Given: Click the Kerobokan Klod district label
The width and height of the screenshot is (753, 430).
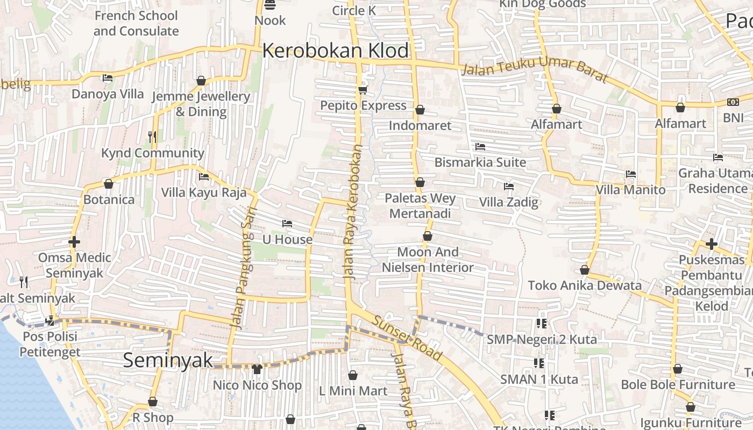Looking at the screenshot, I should coord(336,51).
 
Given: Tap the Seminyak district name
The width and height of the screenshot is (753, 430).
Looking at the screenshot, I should coord(168,360).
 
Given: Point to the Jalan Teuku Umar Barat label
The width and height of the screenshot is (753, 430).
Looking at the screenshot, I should coord(535,72).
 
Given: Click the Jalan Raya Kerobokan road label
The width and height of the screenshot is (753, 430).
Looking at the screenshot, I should coord(353,212).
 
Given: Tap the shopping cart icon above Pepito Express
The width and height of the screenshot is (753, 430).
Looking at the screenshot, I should coord(363,89).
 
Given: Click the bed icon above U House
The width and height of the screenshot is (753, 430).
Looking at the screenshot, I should coord(287,224).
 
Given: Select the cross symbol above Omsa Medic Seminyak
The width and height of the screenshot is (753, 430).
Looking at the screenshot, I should coord(74,242).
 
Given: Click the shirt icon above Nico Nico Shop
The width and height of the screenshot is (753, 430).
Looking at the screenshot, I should coord(257,369).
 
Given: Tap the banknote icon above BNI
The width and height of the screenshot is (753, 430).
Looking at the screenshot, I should coord(733,102).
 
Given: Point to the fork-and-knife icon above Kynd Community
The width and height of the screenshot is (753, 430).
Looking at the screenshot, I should coord(153,137).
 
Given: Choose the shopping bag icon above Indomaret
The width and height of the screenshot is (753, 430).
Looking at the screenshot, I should coord(420,110).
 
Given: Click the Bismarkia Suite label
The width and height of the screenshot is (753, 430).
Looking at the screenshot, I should coord(480,162).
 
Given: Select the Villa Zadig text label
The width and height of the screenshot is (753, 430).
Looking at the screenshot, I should coord(508,203).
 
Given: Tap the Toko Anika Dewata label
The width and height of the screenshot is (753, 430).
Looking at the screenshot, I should coord(585,285).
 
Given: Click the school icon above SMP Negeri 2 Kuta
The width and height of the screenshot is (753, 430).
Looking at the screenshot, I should coord(542,324).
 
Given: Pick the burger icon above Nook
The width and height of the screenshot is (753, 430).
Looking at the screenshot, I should coord(270,5).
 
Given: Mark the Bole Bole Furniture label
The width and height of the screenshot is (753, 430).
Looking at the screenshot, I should coord(678,385).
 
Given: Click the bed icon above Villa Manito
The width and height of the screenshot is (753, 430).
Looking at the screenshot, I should coord(631,174).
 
